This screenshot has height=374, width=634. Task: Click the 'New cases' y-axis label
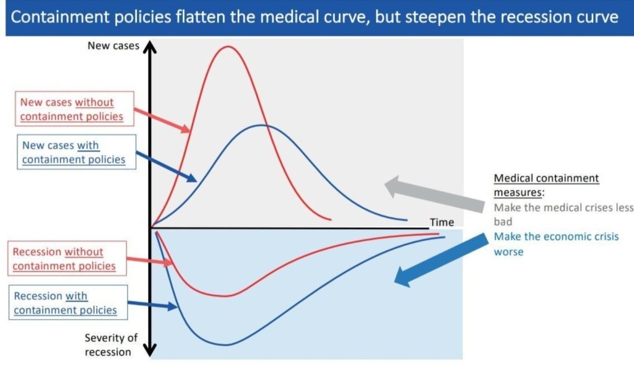[x=113, y=46]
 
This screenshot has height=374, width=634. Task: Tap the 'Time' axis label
[x=441, y=222]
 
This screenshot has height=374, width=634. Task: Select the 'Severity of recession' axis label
[x=111, y=344]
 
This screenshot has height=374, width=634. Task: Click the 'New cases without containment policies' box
[x=74, y=109]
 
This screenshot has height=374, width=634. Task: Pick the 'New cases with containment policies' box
[x=76, y=152]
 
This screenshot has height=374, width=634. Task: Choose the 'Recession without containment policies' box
[x=67, y=258]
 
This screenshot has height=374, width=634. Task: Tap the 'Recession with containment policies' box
[x=68, y=302]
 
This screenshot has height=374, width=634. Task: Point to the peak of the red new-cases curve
[x=228, y=46]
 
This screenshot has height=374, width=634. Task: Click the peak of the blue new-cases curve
[x=262, y=125]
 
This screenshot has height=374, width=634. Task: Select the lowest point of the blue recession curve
[x=225, y=344]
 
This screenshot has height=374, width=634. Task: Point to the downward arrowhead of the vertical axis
[x=150, y=350]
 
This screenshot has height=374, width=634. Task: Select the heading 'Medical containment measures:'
[x=546, y=185]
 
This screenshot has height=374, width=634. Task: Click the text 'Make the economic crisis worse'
[x=557, y=244]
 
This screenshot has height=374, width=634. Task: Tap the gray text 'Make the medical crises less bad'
[x=563, y=214]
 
